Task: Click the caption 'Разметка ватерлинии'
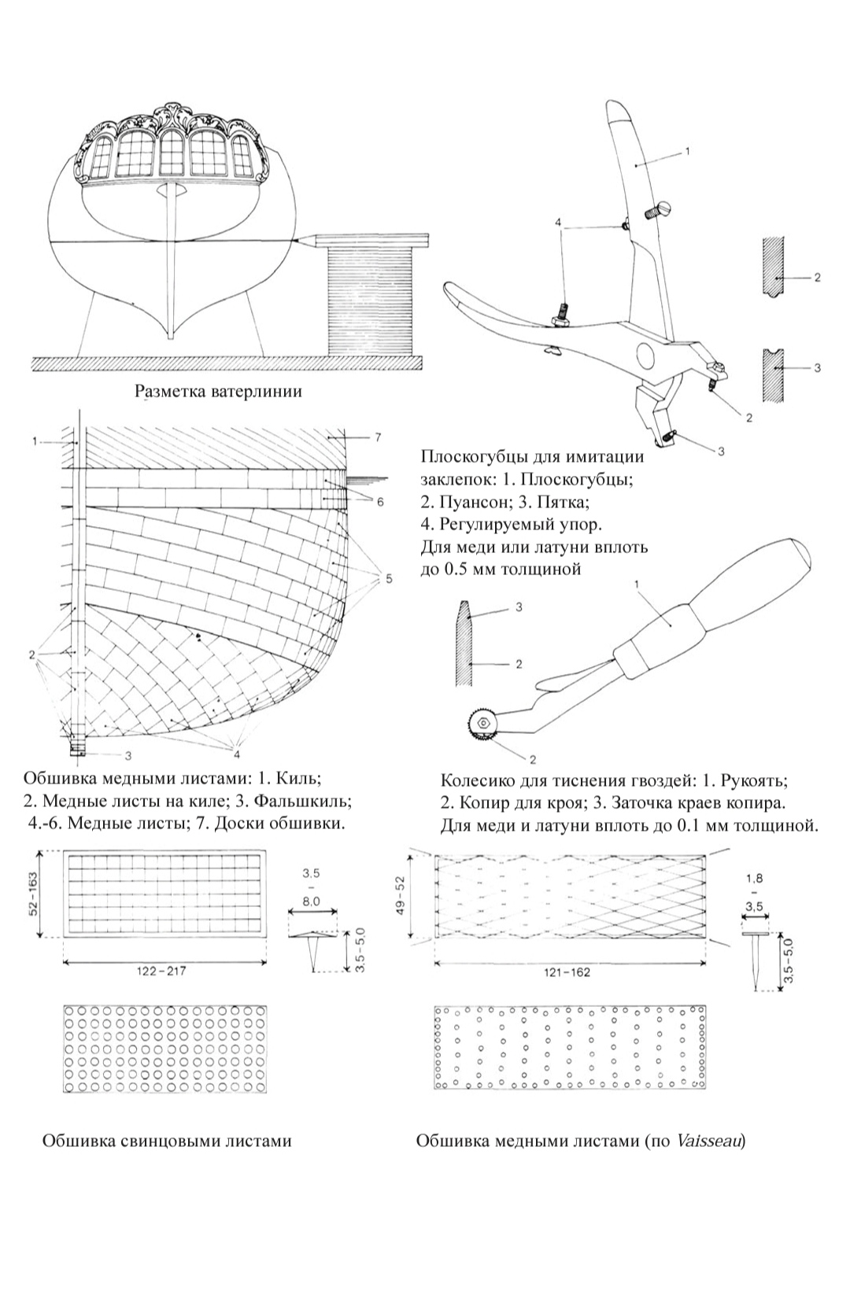pos(219,391)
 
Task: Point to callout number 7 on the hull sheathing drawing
pos(377,438)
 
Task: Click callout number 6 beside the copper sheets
pos(379,502)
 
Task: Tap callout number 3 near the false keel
pos(128,755)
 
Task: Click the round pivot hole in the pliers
pos(649,357)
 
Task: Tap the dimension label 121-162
pos(567,972)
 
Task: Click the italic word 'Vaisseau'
pos(708,1141)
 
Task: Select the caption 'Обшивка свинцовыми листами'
pos(166,1141)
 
